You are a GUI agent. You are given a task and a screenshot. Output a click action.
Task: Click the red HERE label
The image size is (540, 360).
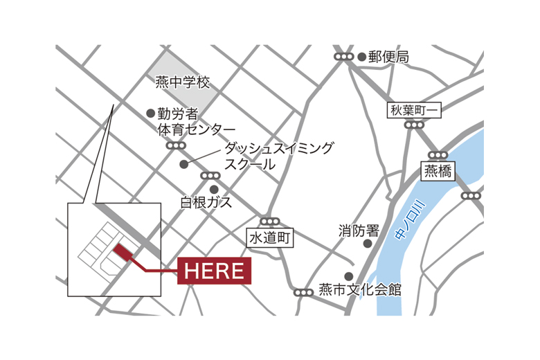point(215,271)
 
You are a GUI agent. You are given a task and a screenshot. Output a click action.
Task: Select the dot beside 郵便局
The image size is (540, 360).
point(361,57)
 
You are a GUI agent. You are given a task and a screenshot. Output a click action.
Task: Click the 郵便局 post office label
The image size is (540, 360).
point(388,57)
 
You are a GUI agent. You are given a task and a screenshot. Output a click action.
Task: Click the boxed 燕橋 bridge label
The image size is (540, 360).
point(438,171)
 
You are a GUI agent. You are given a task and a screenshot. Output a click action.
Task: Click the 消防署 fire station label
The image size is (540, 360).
point(359,230)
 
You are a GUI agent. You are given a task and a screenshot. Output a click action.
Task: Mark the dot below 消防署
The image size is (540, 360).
point(368,244)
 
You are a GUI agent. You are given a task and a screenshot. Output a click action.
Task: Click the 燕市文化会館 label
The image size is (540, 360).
point(360,290)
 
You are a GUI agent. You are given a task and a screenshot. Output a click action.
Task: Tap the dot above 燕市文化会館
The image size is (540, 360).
point(349,276)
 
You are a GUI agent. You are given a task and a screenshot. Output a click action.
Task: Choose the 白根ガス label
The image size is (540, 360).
point(206,203)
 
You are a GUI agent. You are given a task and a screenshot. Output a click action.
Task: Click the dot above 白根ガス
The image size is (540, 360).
point(214,189)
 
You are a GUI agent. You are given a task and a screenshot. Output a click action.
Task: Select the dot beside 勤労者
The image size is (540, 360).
point(150,113)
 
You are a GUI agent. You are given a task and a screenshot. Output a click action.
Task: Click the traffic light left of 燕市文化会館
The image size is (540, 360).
point(303,293)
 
